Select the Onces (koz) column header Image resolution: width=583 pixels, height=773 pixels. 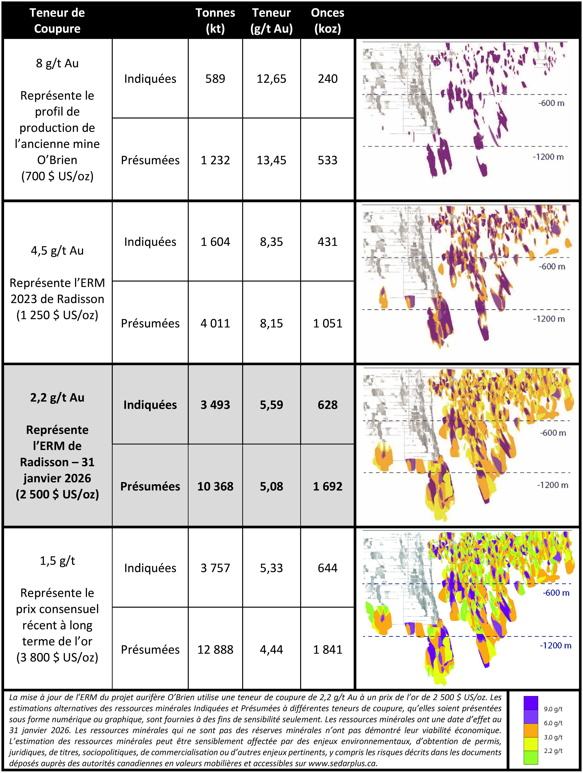click(328, 20)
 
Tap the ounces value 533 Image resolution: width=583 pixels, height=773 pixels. click(328, 160)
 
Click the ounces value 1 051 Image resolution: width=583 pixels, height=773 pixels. click(328, 323)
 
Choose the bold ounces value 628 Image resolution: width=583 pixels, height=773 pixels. click(328, 405)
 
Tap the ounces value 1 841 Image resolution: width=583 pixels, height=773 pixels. click(328, 649)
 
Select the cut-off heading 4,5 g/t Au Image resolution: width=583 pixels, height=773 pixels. click(57, 251)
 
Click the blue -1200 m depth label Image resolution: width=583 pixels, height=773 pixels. click(555, 645)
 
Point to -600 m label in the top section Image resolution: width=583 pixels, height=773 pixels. click(551, 103)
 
